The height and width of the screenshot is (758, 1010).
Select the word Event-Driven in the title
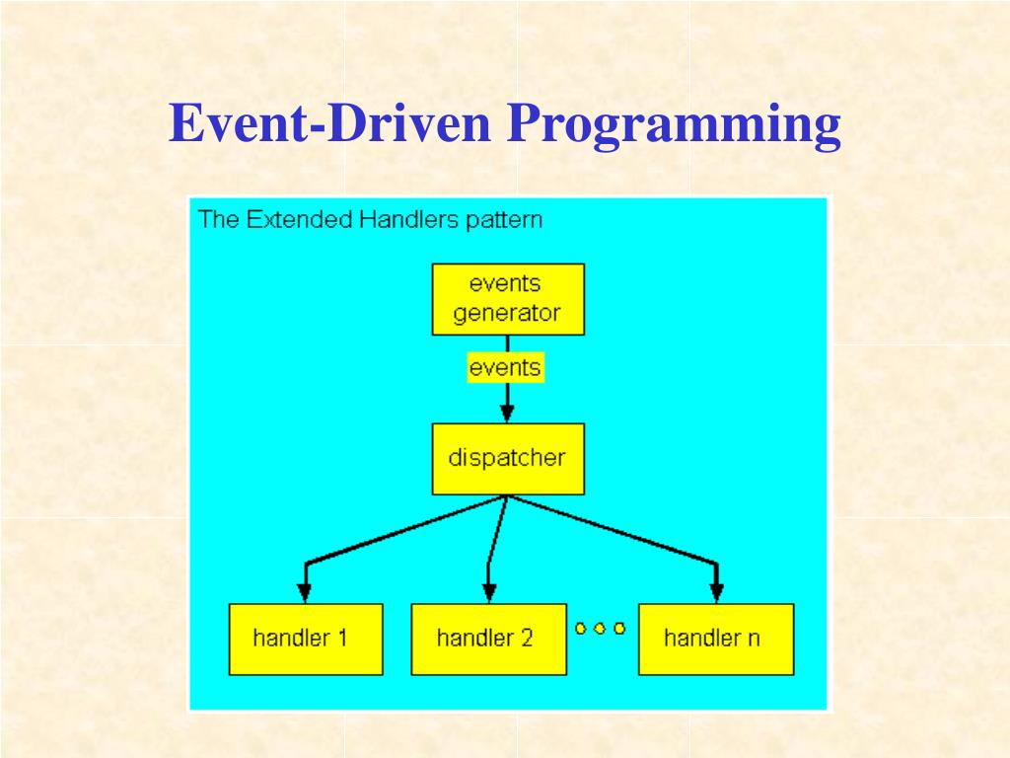pyautogui.click(x=329, y=125)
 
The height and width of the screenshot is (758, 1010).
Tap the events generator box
pyautogui.click(x=507, y=299)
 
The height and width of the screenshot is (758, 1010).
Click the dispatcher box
pyautogui.click(x=507, y=458)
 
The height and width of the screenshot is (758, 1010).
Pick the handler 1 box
pyautogui.click(x=305, y=639)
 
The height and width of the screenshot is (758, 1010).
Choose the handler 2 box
pyautogui.click(x=488, y=639)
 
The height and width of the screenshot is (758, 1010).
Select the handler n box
pyautogui.click(x=715, y=639)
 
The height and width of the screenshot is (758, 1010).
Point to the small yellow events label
pyautogui.click(x=505, y=368)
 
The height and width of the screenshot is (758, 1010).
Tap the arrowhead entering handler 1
pyautogui.click(x=305, y=591)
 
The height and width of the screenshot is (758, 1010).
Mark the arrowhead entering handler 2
pyautogui.click(x=488, y=591)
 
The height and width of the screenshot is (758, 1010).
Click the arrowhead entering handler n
pyautogui.click(x=717, y=591)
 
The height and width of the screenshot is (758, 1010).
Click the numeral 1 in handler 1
pyautogui.click(x=341, y=638)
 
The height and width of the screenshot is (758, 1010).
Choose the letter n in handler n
pyautogui.click(x=753, y=639)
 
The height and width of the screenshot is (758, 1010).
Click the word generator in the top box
pyautogui.click(x=507, y=314)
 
